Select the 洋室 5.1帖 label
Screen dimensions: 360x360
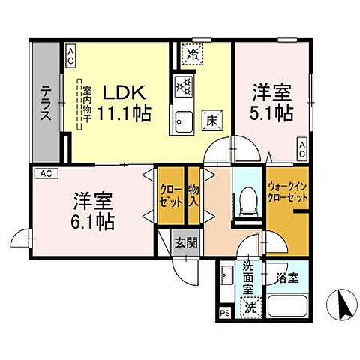click(271, 102)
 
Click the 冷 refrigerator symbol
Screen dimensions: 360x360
click(193, 54)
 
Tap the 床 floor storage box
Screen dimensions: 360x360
click(212, 118)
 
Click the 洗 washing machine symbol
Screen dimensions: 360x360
click(250, 306)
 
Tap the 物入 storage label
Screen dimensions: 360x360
click(193, 196)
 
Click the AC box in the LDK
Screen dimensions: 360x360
click(70, 53)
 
